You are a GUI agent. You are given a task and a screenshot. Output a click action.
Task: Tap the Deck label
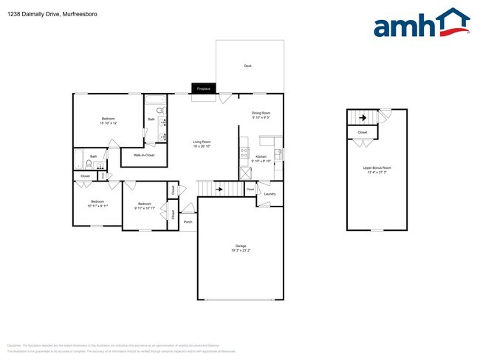248,66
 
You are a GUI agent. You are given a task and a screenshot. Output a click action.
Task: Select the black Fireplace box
203,89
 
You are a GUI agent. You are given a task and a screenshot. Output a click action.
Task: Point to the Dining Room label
261,113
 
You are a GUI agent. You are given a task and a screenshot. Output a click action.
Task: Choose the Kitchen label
261,157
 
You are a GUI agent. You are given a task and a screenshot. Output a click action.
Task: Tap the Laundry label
270,194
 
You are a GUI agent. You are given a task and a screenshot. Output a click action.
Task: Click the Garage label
240,246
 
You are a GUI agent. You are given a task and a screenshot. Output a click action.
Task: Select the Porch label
188,221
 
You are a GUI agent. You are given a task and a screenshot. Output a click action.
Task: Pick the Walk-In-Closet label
143,156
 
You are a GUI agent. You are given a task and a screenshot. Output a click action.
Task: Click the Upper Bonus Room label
377,168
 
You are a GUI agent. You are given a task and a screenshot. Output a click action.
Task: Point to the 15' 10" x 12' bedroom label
108,119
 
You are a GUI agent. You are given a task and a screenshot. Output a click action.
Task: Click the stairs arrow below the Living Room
219,189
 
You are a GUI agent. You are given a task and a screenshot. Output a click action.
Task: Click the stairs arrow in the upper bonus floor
363,116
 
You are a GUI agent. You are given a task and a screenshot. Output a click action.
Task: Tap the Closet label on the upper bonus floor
362,133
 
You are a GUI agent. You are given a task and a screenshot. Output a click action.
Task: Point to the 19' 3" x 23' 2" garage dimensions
240,252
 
